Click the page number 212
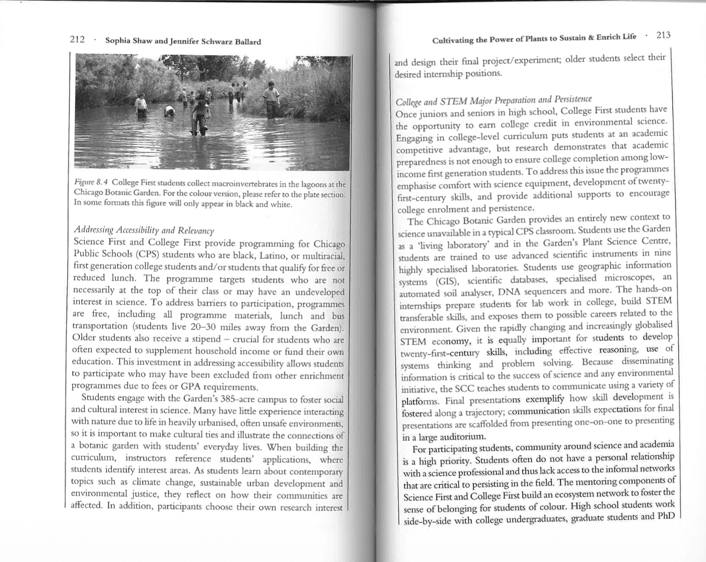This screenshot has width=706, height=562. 77,40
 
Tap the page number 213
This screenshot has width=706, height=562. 663,35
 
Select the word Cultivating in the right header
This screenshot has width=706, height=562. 453,40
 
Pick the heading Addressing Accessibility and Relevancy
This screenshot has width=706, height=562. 144,230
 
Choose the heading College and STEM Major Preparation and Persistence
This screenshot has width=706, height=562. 493,101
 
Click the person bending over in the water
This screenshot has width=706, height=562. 169,111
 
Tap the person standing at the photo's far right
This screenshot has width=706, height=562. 271,98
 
